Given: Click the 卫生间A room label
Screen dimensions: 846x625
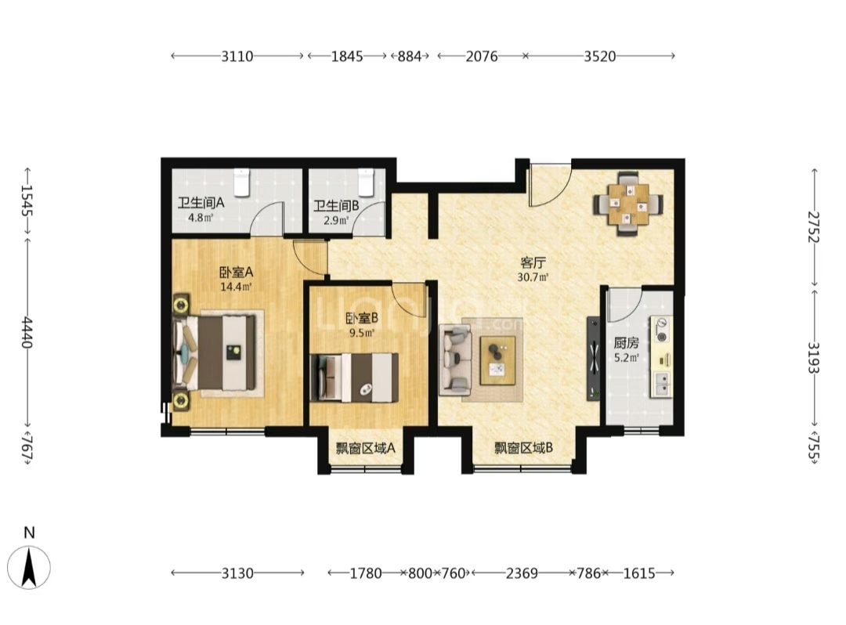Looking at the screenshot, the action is pos(201,204).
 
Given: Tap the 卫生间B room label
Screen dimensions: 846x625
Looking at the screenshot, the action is pos(336,205).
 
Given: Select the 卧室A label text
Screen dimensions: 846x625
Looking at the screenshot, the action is pos(236,273).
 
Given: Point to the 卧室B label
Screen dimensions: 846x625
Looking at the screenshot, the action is pos(361,319).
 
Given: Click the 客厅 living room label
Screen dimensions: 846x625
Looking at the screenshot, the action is pos(533,263).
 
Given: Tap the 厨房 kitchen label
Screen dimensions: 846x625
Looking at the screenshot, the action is pos(626,343).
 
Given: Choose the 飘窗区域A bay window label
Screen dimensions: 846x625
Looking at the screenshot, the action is pos(366,448).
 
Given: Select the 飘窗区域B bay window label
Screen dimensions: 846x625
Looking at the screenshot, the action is pos(523,448).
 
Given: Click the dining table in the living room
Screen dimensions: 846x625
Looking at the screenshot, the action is pos(628,204).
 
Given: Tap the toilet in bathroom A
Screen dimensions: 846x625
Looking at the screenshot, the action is pos(241,182).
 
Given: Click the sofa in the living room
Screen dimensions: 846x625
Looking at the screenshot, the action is pos(456,358).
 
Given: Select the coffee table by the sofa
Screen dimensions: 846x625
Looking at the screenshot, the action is pos(497,361).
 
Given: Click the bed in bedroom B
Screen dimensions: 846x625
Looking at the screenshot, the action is pos(355,378).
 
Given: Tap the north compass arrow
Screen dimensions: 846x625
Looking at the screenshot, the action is pos(29,567).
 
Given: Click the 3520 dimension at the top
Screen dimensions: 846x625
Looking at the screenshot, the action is pos(599,56).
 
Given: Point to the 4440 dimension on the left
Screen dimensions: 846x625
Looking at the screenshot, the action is pos(27,333).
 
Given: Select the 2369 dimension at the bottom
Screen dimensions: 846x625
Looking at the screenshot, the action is pos(521,573).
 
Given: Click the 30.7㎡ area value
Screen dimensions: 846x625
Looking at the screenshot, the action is pos(533,278).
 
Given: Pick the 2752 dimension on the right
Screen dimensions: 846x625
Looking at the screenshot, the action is pos(814,226).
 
